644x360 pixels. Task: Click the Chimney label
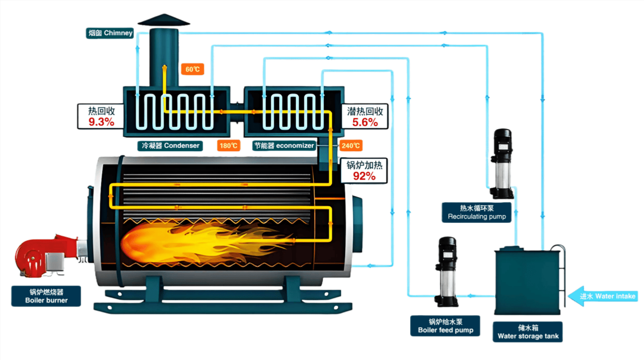[110, 34]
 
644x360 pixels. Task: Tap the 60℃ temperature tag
[192, 70]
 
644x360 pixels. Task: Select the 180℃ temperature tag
[229, 145]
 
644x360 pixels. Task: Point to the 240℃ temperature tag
[351, 145]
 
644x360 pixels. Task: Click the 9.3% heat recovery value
[101, 122]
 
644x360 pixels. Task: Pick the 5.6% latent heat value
[365, 122]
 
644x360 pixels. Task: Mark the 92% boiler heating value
[364, 176]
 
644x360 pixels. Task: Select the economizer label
[284, 145]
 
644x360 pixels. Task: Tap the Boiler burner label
[46, 296]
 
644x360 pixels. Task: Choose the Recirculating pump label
[476, 212]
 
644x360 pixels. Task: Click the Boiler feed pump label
[445, 325]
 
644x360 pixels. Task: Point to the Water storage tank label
[527, 332]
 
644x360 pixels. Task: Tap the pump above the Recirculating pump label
[501, 163]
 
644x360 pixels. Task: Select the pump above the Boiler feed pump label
[446, 272]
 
